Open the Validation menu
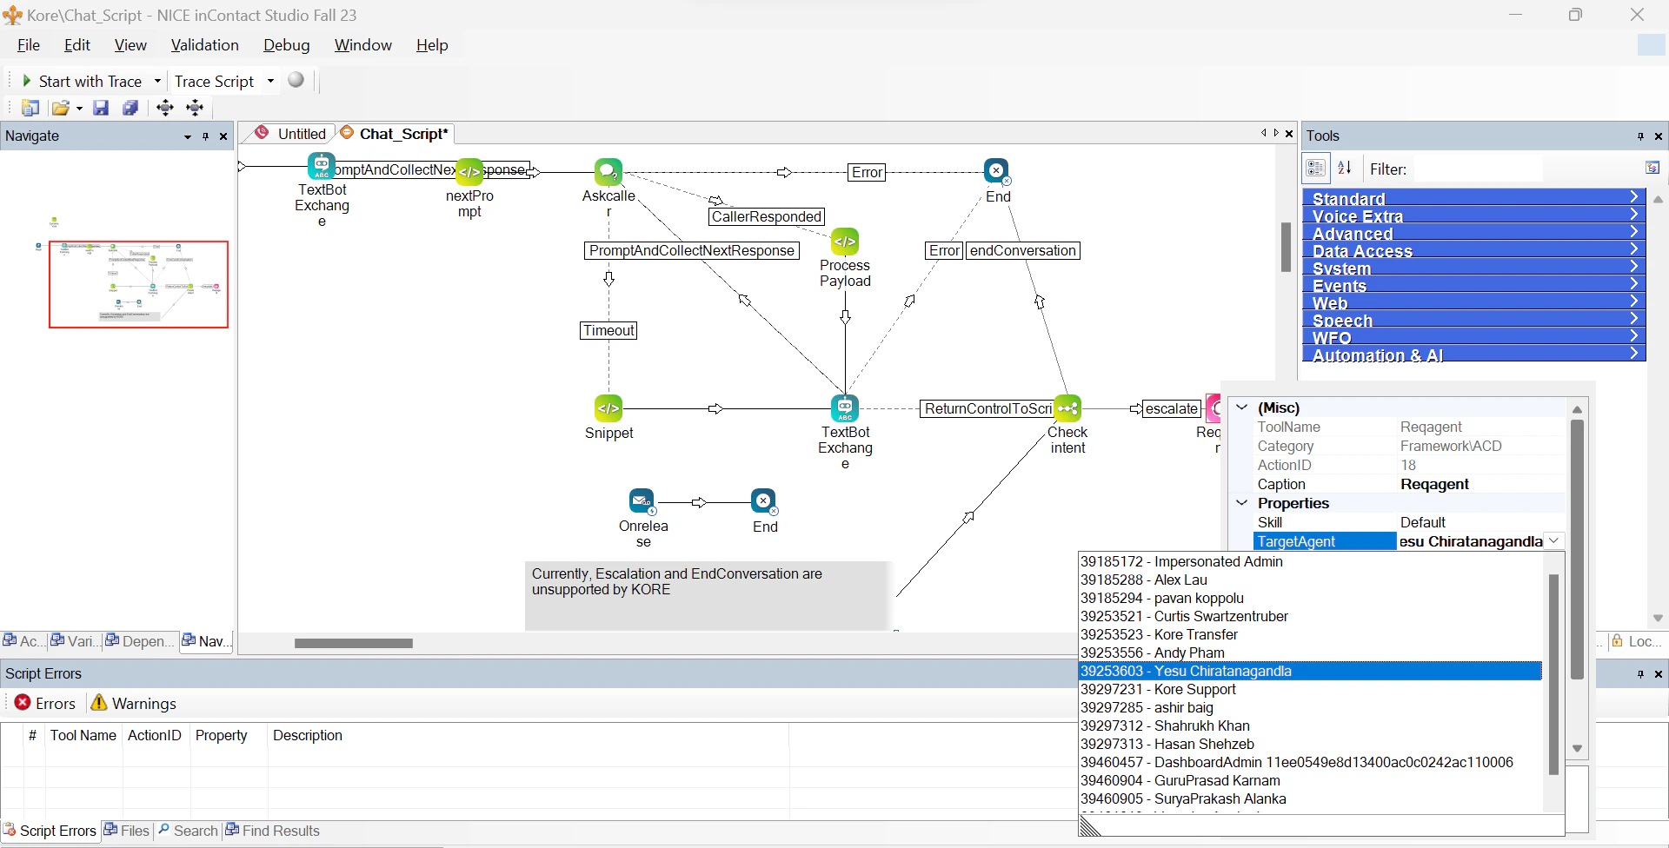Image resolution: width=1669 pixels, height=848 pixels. click(204, 45)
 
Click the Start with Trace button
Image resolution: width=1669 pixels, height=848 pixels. click(82, 81)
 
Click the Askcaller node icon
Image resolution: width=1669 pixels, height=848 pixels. click(608, 171)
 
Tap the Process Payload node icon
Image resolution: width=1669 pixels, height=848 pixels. click(845, 241)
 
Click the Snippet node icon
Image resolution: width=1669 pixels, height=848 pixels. click(608, 407)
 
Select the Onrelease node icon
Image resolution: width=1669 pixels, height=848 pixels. click(642, 501)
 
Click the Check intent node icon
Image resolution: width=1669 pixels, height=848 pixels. click(1067, 407)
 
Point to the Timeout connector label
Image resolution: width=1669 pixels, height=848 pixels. click(608, 330)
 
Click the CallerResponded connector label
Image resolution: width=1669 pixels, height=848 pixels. click(766, 216)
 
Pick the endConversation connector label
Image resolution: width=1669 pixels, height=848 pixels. click(1022, 250)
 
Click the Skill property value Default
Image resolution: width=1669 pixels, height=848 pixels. click(1478, 522)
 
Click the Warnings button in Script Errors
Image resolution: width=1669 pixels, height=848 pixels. click(134, 704)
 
